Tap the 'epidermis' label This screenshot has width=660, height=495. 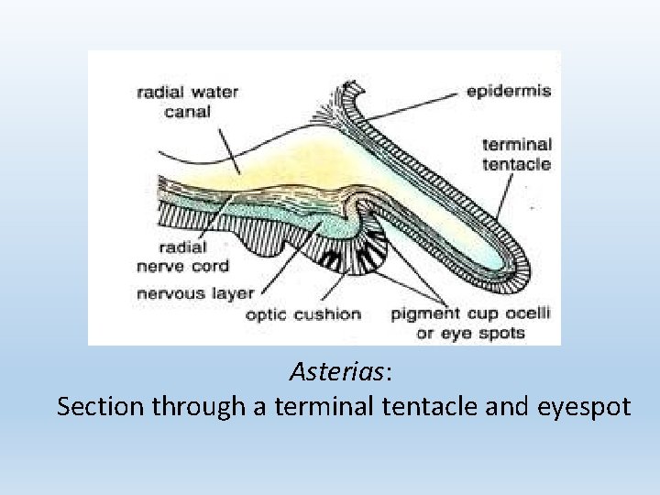point(508,92)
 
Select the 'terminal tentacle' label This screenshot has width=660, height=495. point(517,154)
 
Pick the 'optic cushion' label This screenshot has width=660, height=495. point(303,314)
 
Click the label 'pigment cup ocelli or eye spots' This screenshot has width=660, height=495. point(471,322)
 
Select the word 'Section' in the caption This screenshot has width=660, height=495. point(100,406)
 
